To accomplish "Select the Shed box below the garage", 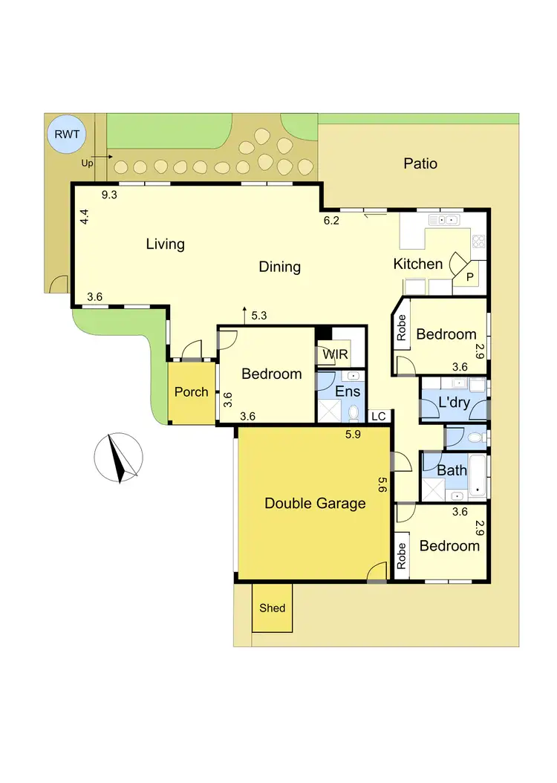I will click(273, 608).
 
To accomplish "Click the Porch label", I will click(191, 391).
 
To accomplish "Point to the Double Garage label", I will click(315, 503).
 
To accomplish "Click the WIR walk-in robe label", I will click(333, 354).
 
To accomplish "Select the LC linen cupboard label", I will click(378, 416).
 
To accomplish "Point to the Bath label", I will click(452, 470).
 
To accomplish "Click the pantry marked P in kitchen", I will click(470, 276).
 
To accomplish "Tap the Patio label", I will click(420, 163).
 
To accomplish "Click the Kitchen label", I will click(417, 264).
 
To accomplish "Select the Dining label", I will click(280, 267).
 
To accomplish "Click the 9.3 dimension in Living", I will click(110, 195).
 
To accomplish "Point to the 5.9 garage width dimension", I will click(353, 435).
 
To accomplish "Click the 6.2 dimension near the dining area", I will click(331, 220).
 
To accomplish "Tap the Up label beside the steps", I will click(88, 163).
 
